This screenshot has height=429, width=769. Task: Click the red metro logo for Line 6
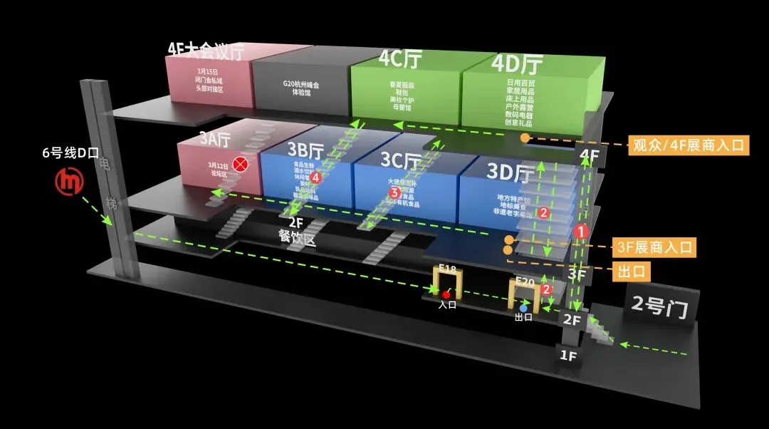pyautogui.click(x=70, y=181)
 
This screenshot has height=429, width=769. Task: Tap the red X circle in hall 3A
pyautogui.click(x=241, y=165)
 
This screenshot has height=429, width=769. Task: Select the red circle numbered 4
pyautogui.click(x=316, y=177)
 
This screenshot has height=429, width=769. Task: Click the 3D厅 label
pyautogui.click(x=511, y=173)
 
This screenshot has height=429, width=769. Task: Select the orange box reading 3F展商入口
pyautogui.click(x=654, y=248)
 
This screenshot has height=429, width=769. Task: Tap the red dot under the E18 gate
pyautogui.click(x=446, y=294)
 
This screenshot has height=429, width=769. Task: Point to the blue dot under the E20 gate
pyautogui.click(x=523, y=309)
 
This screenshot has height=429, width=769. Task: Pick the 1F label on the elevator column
pyautogui.click(x=568, y=354)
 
